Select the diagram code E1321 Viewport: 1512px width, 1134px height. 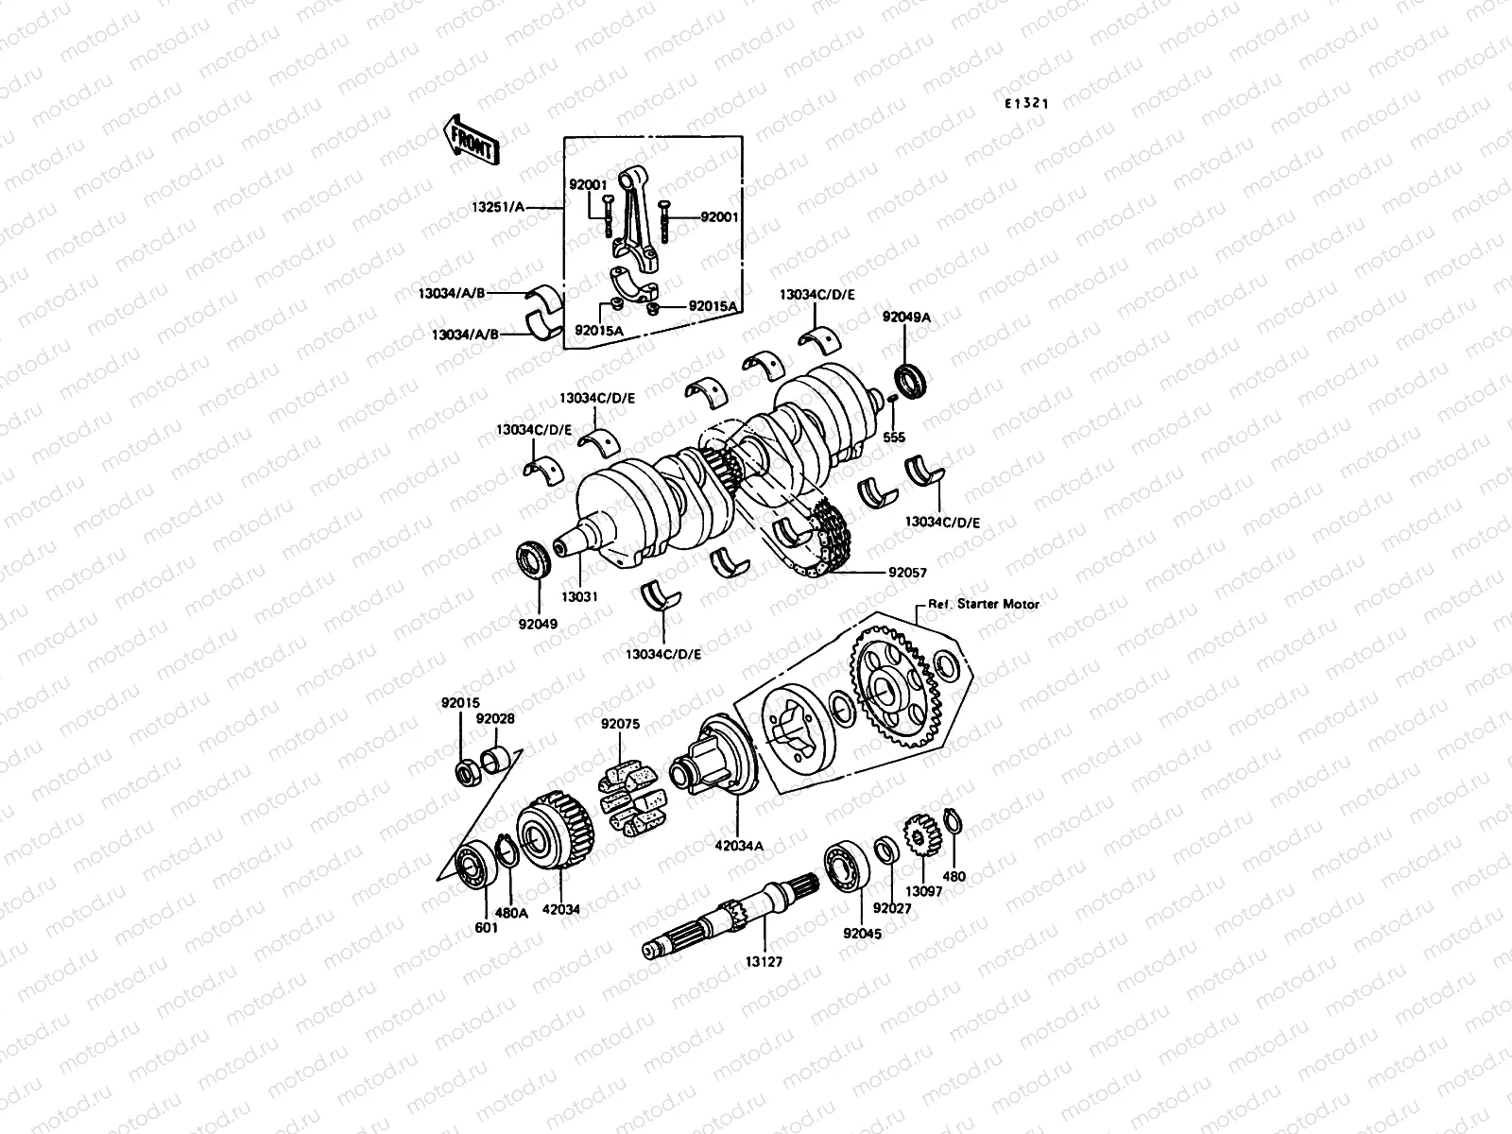(x=1026, y=104)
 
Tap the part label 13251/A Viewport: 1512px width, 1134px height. (x=504, y=205)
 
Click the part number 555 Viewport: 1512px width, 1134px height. (x=893, y=438)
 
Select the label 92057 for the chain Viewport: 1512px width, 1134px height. (x=907, y=573)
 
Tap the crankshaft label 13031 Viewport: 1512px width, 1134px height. (x=579, y=597)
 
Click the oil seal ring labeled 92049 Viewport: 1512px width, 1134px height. (x=534, y=559)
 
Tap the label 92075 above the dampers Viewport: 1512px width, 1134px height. (x=620, y=725)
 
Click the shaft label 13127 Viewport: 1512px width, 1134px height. (x=764, y=961)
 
